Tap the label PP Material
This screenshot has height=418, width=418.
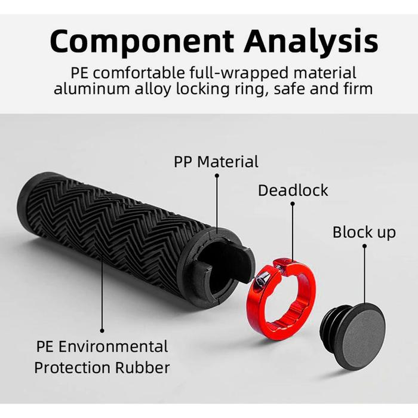pos(216,161)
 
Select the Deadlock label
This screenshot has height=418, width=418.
pos(293,190)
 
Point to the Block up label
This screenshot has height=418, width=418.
pos(364,232)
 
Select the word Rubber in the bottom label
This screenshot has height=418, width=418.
pos(143,367)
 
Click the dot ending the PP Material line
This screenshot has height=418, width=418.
pos(216,176)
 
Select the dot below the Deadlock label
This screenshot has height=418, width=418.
pos(293,204)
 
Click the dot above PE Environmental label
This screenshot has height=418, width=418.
pos(102,329)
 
